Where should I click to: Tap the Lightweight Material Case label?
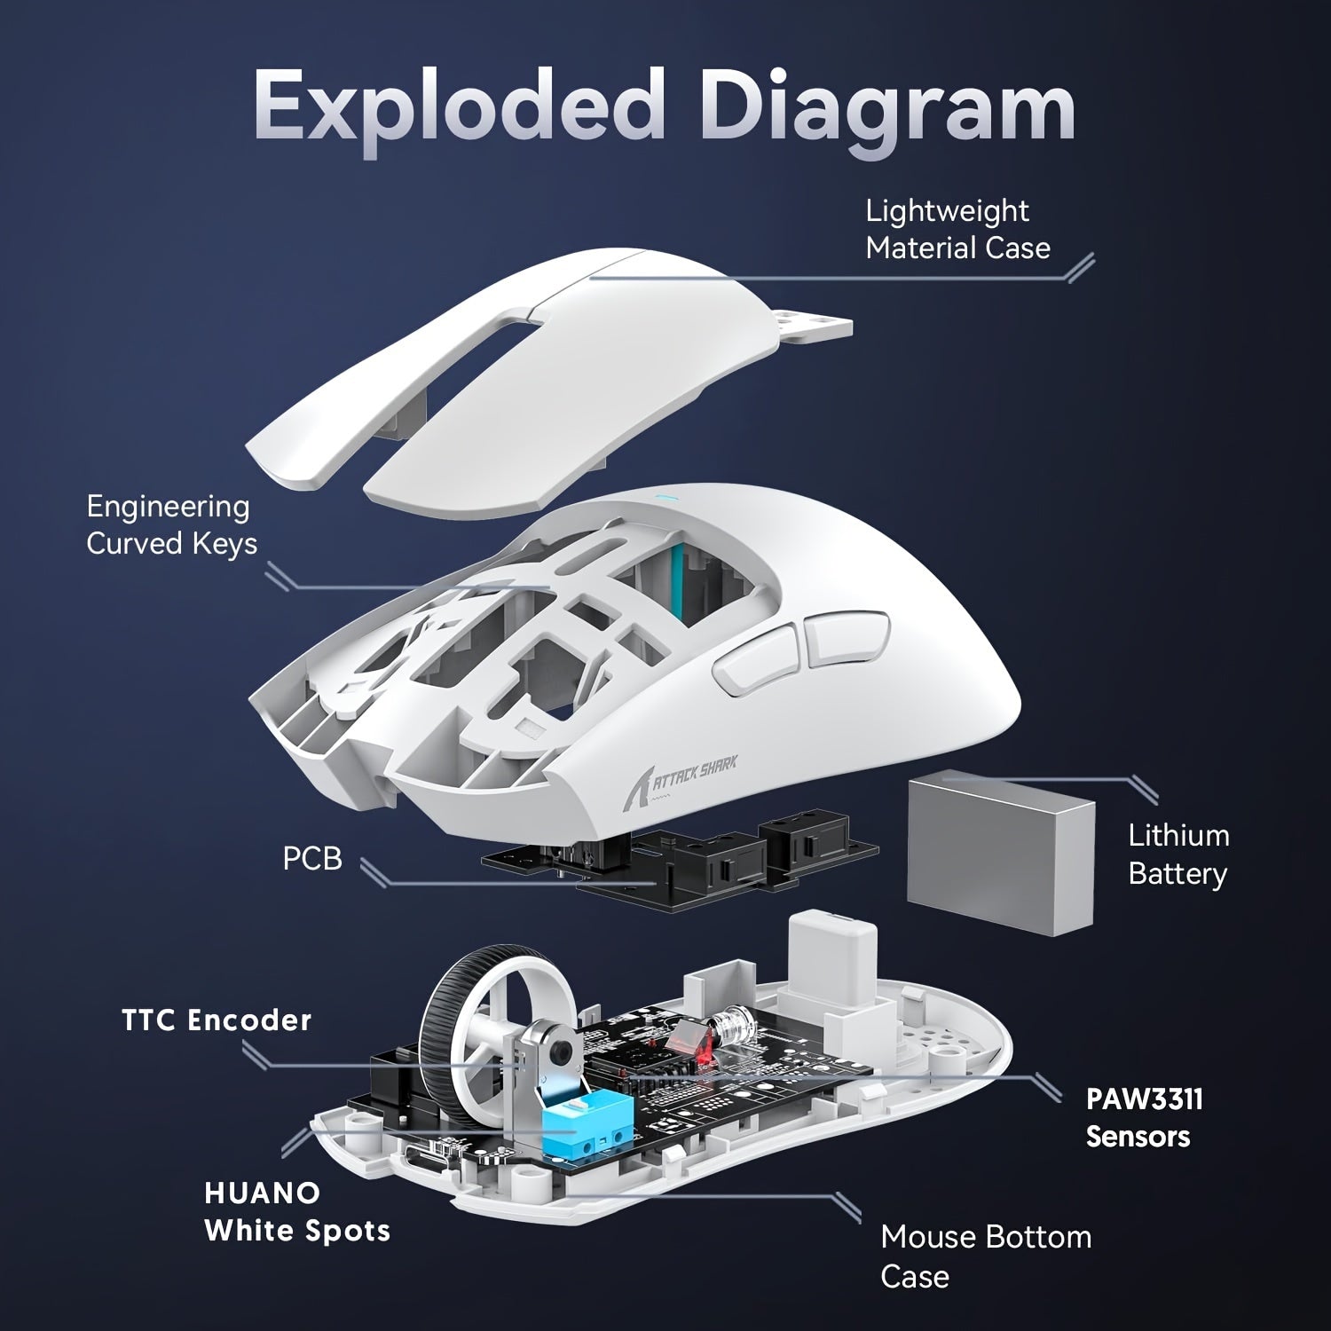[957, 230]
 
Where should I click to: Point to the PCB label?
[311, 859]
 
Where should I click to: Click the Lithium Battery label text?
[1177, 855]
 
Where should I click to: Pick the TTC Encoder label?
[217, 1020]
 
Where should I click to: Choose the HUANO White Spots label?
[296, 1212]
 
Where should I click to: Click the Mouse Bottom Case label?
[985, 1256]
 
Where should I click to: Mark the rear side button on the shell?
[843, 637]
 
